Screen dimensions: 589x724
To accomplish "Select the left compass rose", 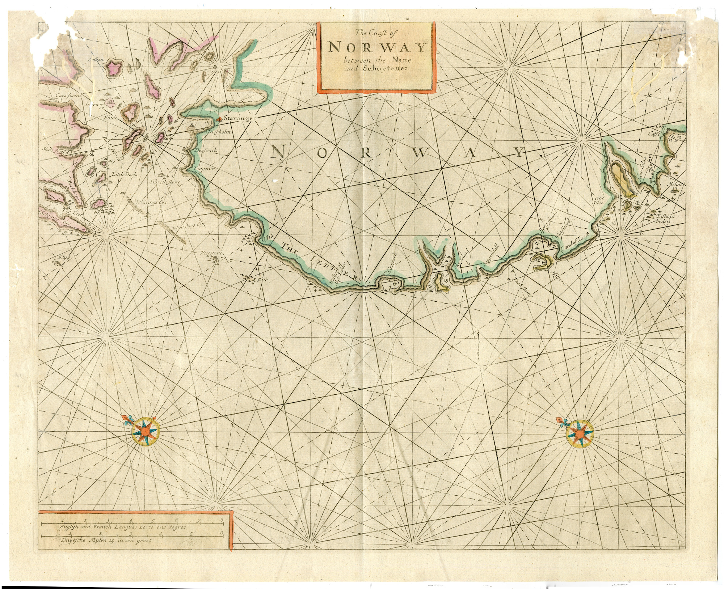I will [144, 431].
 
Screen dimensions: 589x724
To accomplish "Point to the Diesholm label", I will [218, 132].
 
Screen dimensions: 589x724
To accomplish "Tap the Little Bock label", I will [124, 174].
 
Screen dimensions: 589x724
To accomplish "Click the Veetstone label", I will [210, 254].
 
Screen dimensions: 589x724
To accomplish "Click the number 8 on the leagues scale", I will [222, 520].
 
